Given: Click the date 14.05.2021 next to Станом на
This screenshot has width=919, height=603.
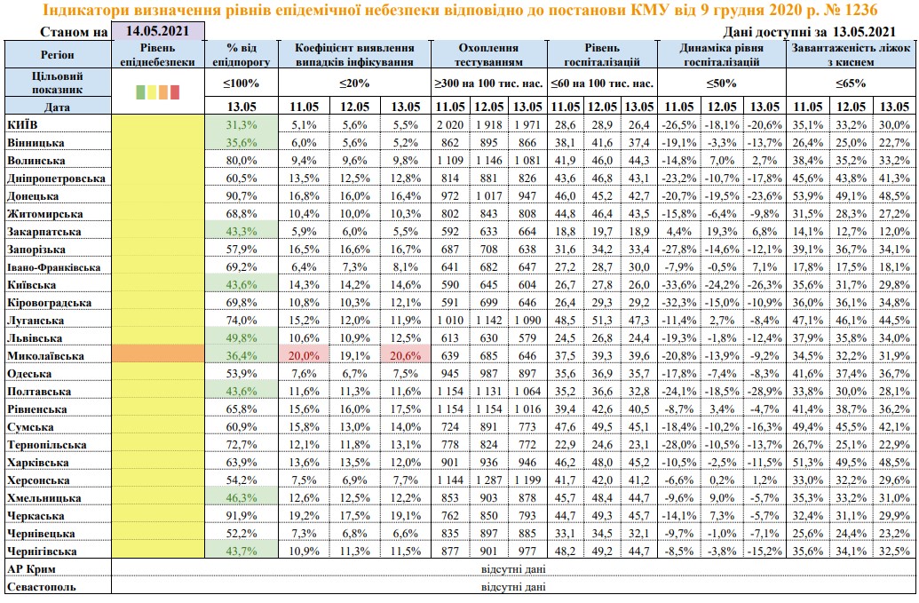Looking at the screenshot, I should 158,31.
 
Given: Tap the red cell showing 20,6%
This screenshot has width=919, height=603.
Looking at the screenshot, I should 405,355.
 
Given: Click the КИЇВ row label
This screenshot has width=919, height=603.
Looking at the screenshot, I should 21,124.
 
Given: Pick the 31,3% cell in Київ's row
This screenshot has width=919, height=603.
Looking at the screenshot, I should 242,124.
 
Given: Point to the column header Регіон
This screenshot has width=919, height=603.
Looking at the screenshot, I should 57,55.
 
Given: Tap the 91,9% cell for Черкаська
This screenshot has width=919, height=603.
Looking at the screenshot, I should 242,515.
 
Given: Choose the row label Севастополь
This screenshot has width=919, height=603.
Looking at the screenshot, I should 41,587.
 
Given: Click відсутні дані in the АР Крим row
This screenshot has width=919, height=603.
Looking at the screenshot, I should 513,569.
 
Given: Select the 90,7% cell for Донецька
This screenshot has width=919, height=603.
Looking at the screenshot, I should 242,195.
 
